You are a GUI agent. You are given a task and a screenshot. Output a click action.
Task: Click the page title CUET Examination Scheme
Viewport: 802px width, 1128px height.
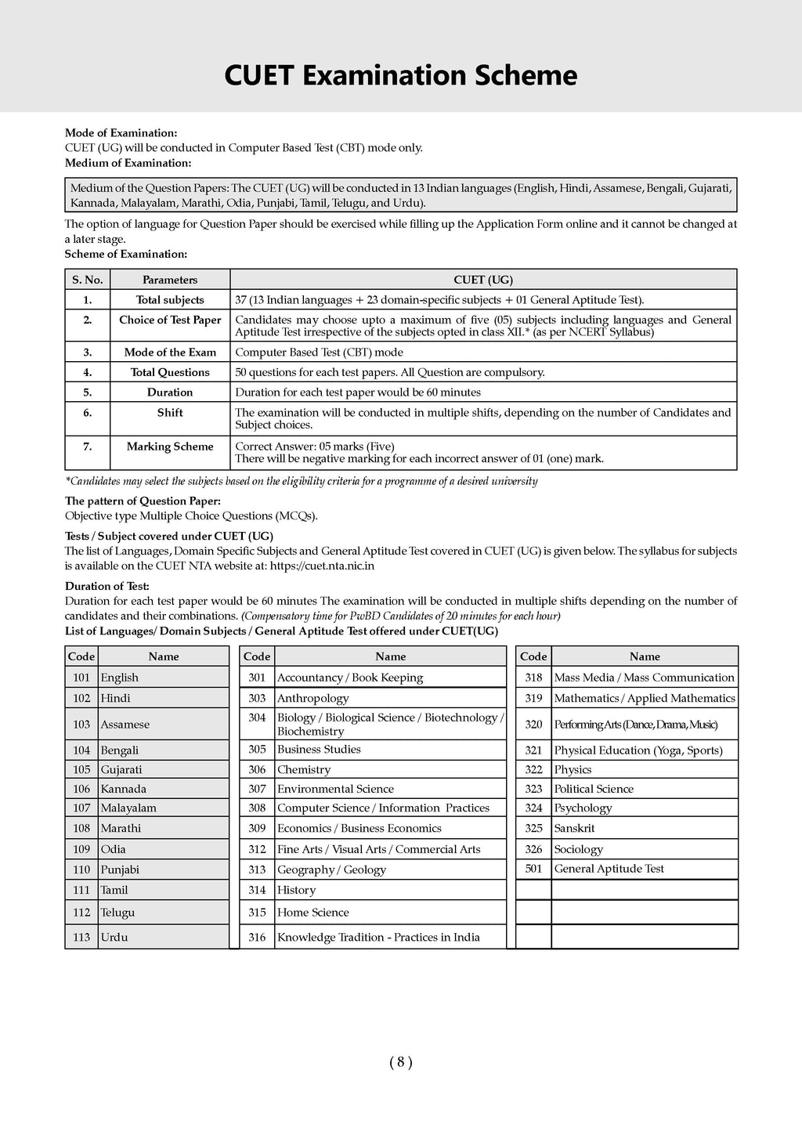click(400, 76)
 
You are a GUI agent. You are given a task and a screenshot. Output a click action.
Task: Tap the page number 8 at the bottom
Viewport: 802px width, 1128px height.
click(400, 1062)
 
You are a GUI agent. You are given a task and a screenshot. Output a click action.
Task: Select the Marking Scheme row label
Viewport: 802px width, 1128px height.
click(170, 446)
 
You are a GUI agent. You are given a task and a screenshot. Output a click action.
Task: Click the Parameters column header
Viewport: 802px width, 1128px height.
click(170, 280)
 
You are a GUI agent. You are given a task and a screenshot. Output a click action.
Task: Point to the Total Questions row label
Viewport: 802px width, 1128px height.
click(170, 372)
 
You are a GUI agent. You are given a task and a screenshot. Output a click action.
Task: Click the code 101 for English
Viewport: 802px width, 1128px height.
click(81, 678)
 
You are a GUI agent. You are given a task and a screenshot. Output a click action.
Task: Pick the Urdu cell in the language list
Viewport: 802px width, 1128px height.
click(114, 937)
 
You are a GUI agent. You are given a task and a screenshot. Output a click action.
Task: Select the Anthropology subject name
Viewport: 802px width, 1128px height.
click(313, 698)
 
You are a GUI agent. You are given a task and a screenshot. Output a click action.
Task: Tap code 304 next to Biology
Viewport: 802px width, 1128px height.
click(257, 718)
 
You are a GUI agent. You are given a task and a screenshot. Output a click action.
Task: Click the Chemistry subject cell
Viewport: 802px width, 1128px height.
click(304, 769)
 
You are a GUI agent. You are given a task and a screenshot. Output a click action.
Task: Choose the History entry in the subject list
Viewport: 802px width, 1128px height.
click(297, 890)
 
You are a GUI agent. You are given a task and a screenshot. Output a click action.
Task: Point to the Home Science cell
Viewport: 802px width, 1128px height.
click(313, 913)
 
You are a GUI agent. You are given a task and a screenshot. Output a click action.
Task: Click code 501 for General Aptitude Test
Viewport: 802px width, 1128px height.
click(533, 869)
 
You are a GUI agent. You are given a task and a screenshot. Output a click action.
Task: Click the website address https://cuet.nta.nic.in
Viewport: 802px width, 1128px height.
click(322, 566)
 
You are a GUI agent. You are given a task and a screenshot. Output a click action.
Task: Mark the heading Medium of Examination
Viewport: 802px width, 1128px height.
click(128, 163)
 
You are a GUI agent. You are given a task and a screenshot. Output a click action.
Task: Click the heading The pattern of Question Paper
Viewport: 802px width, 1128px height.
click(143, 501)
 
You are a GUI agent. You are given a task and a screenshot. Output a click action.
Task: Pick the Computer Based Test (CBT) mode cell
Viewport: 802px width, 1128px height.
click(320, 352)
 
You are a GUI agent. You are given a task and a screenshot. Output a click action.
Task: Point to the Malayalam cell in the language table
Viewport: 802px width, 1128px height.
click(128, 808)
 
